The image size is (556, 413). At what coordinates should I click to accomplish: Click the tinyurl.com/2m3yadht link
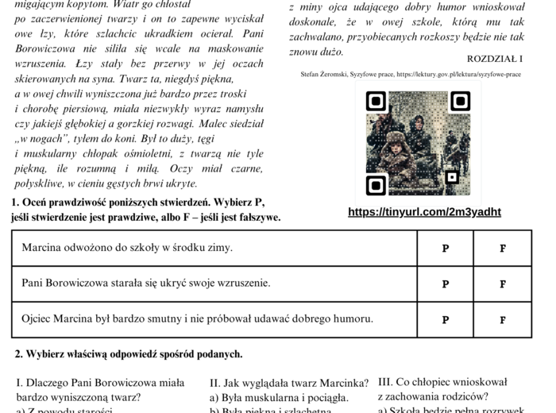click(424, 212)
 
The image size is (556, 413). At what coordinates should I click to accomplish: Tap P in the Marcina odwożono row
click(445, 248)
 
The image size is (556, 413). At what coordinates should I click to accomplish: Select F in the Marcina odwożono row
click(502, 248)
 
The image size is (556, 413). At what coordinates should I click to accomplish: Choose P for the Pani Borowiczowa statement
click(445, 284)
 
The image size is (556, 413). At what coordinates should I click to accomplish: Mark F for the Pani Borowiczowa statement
click(502, 284)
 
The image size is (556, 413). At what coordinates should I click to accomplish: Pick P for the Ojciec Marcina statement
click(445, 320)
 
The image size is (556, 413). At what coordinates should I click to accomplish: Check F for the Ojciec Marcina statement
click(502, 320)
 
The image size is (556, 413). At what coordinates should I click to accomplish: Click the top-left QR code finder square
click(376, 101)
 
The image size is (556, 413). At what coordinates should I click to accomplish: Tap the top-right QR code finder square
click(460, 101)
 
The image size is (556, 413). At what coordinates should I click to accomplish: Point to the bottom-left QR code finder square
click(376, 185)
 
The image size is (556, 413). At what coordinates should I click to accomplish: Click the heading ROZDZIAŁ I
click(495, 59)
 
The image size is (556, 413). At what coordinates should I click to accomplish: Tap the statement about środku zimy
click(127, 248)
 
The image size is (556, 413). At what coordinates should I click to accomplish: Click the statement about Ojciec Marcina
click(197, 319)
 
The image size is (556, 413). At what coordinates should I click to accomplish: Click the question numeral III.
click(385, 382)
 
